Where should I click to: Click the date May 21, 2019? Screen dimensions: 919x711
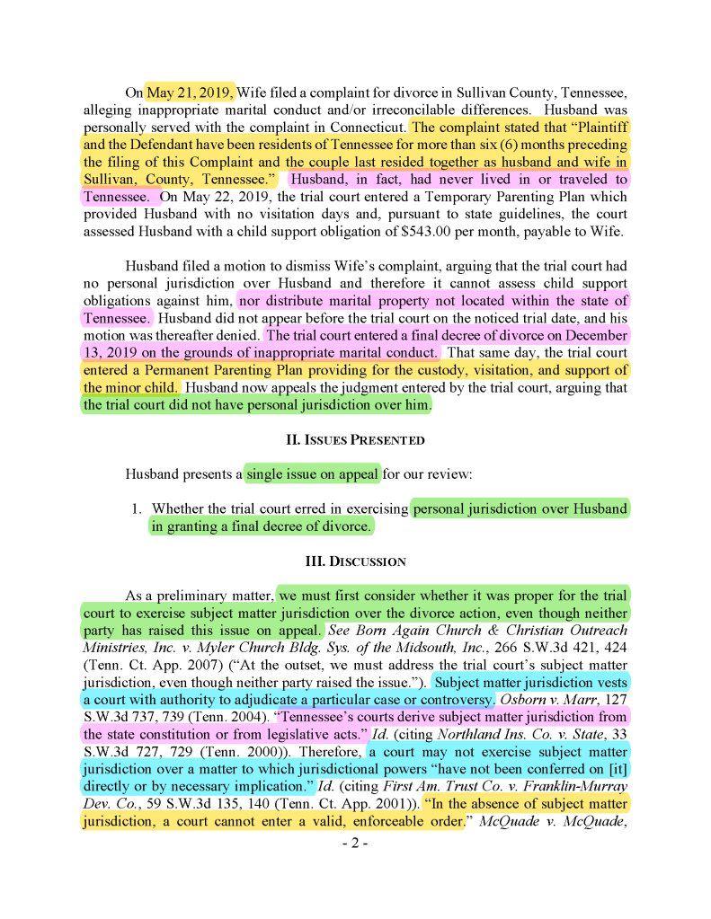pyautogui.click(x=191, y=93)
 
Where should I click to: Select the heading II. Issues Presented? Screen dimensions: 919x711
pyautogui.click(x=355, y=440)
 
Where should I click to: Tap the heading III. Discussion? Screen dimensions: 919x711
pyautogui.click(x=355, y=561)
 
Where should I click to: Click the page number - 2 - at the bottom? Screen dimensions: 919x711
pyautogui.click(x=355, y=844)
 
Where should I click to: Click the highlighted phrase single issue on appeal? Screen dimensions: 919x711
pyautogui.click(x=313, y=473)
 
